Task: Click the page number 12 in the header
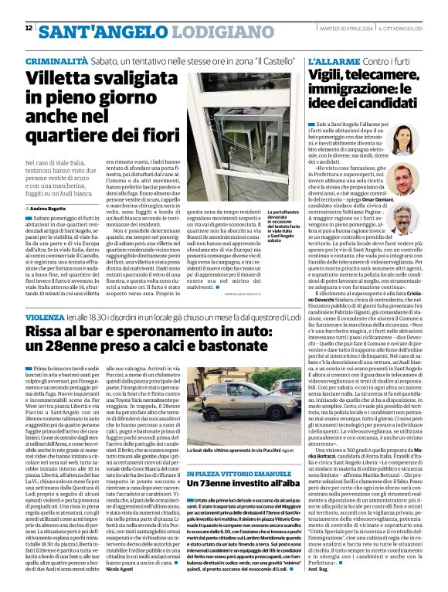pos(29,28)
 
